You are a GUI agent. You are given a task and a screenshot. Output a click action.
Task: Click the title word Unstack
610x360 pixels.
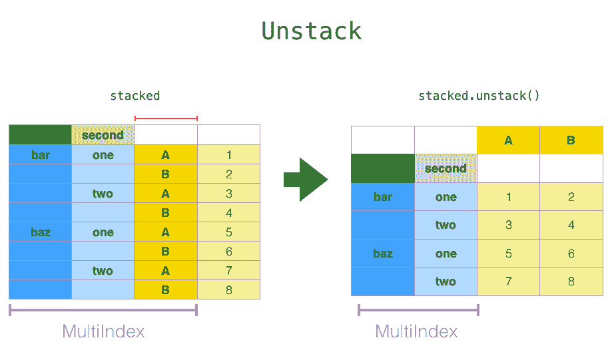(x=312, y=31)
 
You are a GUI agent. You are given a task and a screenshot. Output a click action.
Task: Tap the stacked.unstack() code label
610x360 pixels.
(x=479, y=96)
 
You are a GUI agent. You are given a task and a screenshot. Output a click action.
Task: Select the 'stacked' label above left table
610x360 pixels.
(x=135, y=96)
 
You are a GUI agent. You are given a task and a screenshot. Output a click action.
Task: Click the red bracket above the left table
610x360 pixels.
(x=166, y=118)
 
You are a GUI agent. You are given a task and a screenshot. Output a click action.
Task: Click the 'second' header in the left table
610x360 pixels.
(x=103, y=135)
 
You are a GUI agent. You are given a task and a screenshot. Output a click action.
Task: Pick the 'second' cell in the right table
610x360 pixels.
(x=446, y=168)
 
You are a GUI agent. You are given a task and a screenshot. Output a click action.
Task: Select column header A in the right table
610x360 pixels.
(x=508, y=140)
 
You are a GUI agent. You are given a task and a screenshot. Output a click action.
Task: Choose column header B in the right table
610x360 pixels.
(x=571, y=140)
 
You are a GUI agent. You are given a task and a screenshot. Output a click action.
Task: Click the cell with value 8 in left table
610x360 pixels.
(x=228, y=290)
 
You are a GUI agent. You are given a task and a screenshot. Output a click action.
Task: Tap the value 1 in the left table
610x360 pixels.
(x=228, y=155)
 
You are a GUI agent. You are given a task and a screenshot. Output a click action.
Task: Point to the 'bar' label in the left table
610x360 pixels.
(x=41, y=155)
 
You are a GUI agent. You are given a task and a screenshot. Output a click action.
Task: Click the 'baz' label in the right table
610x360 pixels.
(x=383, y=254)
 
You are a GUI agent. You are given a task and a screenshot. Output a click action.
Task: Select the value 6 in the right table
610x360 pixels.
(x=571, y=254)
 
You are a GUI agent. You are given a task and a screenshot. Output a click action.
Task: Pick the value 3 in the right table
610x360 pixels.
(x=508, y=225)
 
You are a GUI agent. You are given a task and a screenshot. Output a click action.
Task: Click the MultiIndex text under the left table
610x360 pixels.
(x=103, y=331)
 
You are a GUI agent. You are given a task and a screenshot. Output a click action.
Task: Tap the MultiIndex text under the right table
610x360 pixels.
(x=416, y=331)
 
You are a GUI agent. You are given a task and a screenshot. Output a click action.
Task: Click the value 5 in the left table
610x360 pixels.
(x=228, y=232)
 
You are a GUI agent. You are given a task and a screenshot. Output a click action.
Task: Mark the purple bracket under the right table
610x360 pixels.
(x=418, y=309)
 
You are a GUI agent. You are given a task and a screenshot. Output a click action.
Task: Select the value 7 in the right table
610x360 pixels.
(x=508, y=281)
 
